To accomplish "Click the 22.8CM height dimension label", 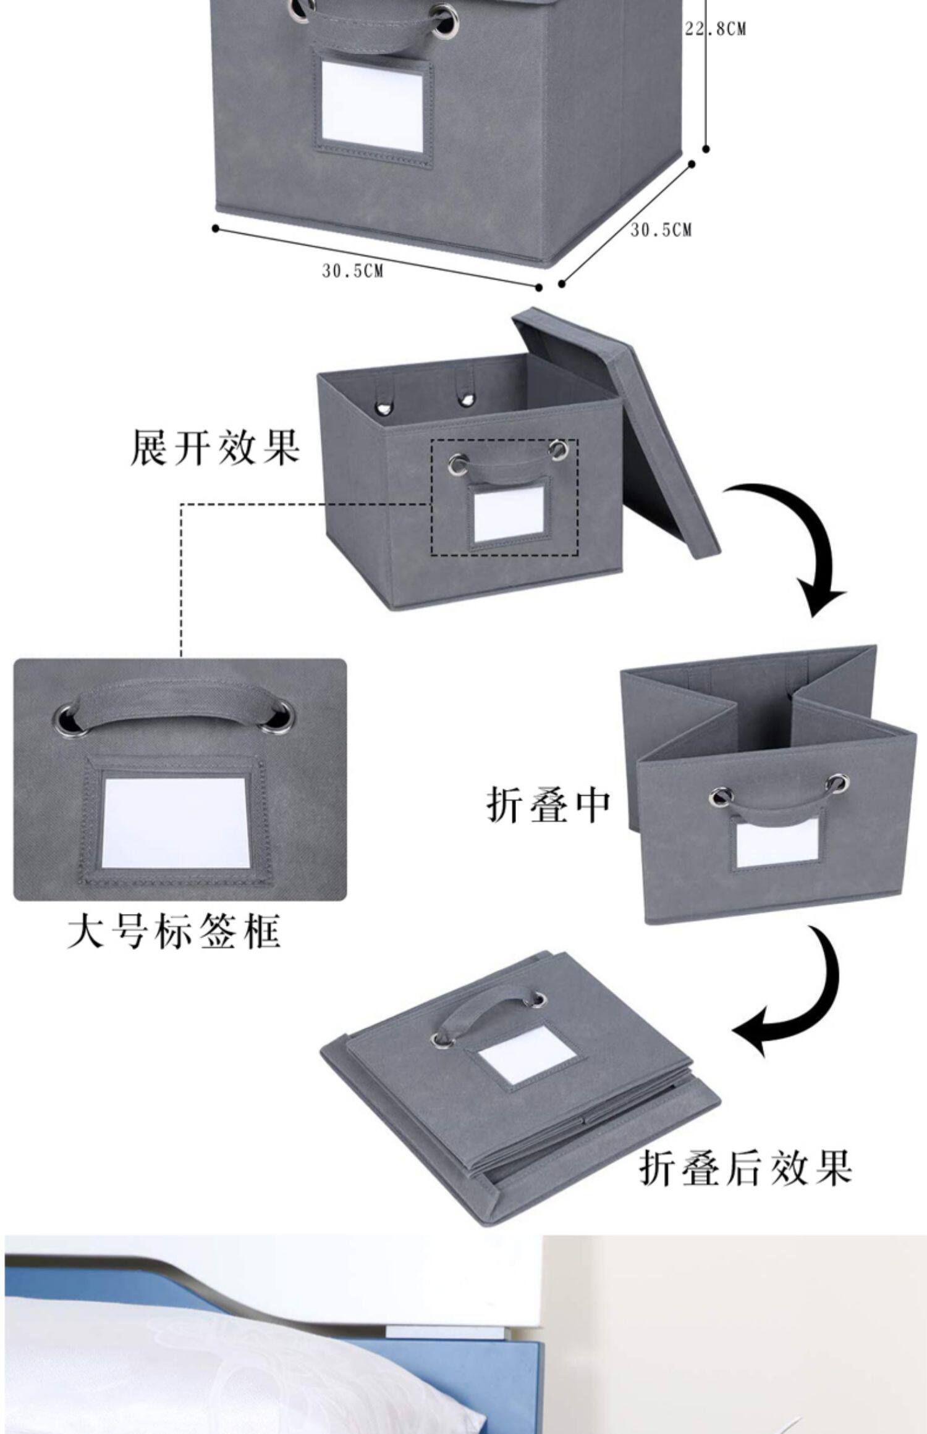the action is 715,29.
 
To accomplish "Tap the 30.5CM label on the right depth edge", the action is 661,230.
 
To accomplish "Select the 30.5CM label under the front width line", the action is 352,270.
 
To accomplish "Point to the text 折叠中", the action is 548,804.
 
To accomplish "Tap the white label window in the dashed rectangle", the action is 507,514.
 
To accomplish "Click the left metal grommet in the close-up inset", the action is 66,719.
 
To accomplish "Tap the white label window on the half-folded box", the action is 776,843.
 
